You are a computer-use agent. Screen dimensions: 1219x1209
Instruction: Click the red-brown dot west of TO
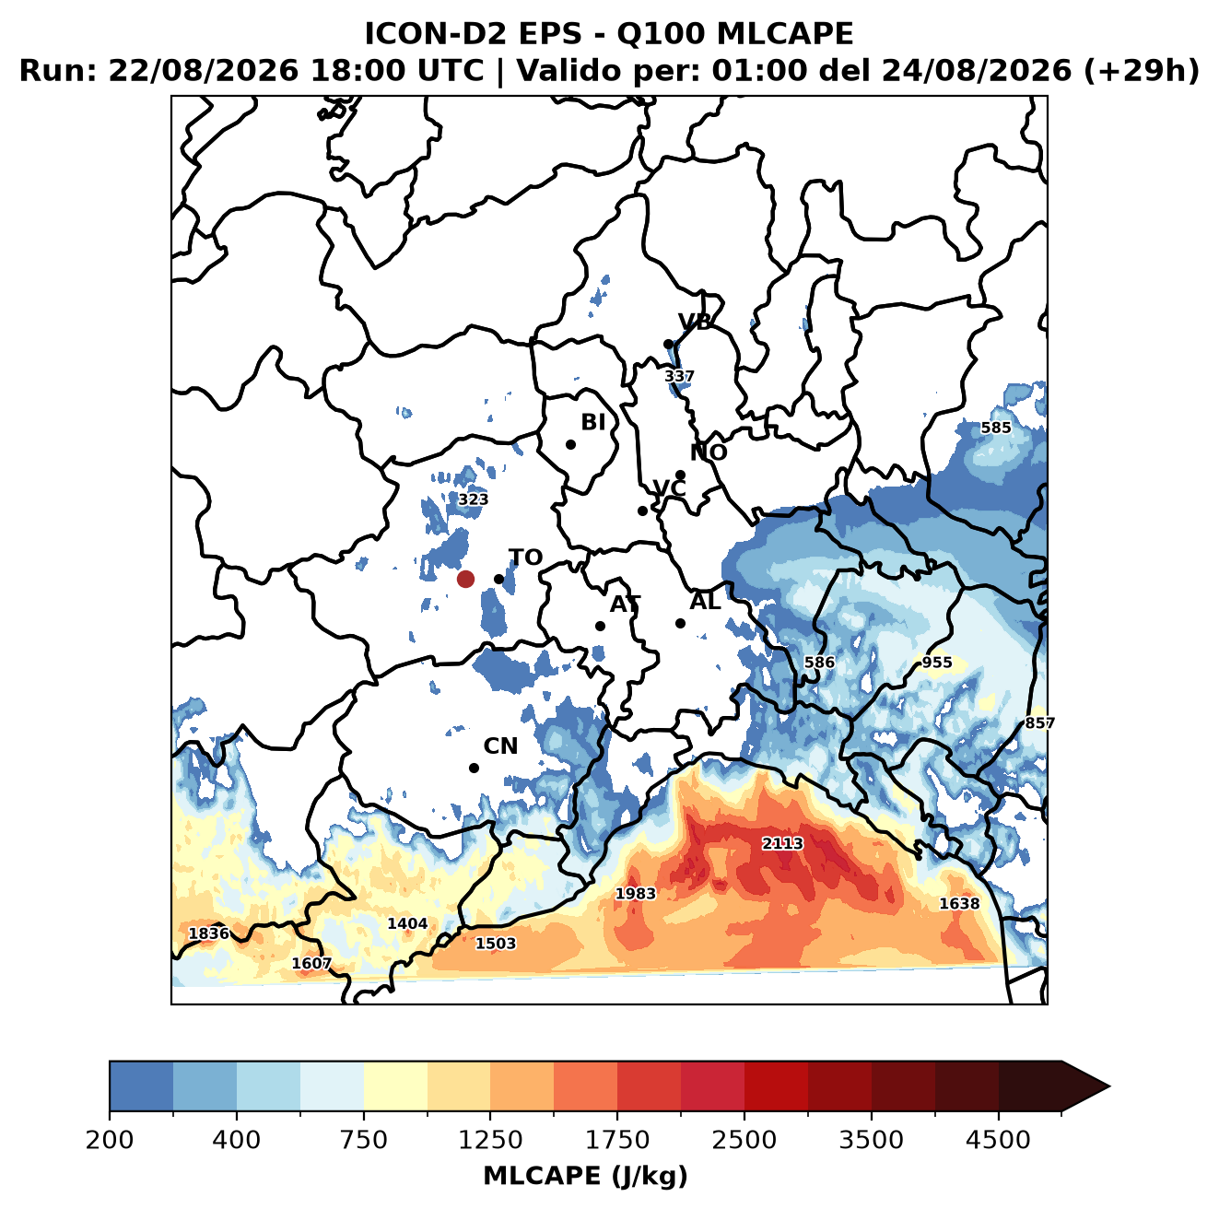coord(465,579)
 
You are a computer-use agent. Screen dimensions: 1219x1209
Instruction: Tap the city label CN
coord(500,746)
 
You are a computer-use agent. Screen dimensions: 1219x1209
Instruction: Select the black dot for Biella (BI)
coord(570,444)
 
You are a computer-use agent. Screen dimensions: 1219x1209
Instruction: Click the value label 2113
coord(782,843)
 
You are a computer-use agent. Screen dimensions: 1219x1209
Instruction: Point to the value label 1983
coord(635,893)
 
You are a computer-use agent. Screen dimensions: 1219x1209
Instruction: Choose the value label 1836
coord(209,933)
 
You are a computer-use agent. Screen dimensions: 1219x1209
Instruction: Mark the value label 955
coord(936,663)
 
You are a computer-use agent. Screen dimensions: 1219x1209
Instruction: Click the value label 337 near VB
coord(679,376)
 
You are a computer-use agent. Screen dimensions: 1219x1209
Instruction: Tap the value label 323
coord(474,499)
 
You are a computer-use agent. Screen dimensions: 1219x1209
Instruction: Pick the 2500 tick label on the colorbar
coord(744,1139)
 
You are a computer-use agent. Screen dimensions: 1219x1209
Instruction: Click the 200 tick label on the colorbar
coord(110,1139)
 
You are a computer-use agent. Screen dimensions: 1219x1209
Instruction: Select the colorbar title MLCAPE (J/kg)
coord(585,1176)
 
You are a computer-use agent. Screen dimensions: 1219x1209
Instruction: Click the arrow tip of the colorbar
coord(1109,1086)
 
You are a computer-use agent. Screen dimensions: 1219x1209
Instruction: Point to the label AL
coord(705,601)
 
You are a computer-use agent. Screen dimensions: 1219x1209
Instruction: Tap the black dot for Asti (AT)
coord(600,626)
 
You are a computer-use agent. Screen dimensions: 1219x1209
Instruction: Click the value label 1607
coord(311,963)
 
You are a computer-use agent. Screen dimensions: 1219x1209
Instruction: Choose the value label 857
coord(1039,722)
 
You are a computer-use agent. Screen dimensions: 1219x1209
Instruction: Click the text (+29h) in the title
coord(1142,71)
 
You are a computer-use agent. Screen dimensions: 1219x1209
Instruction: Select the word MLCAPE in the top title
coord(785,33)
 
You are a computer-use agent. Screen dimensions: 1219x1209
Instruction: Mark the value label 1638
coord(959,903)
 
